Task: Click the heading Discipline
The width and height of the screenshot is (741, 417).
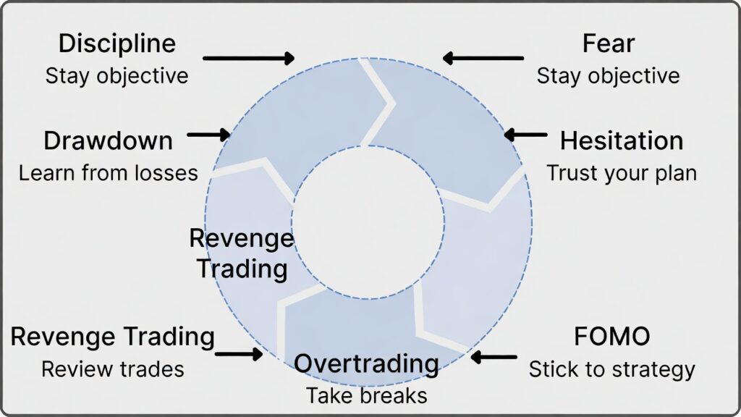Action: click(x=117, y=43)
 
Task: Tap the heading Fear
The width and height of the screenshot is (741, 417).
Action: click(x=608, y=43)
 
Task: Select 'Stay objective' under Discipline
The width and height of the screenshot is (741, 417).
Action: click(x=117, y=75)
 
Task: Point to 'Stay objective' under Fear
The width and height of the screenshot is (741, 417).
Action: click(x=608, y=75)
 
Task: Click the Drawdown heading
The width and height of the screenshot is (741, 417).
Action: click(x=108, y=140)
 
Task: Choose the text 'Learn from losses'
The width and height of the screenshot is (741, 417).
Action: click(x=108, y=173)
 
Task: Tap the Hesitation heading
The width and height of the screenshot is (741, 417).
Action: click(x=621, y=140)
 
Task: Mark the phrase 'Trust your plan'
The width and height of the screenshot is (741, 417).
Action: click(x=621, y=173)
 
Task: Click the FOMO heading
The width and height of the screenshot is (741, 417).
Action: click(x=611, y=337)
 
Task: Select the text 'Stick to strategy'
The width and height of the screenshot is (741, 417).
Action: click(x=611, y=369)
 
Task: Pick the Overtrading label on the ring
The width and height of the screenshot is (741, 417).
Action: click(x=366, y=363)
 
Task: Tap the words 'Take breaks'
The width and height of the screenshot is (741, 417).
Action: click(x=366, y=396)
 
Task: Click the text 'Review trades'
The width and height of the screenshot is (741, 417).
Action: click(x=112, y=369)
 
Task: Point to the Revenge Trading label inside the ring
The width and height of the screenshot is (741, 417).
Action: click(x=242, y=253)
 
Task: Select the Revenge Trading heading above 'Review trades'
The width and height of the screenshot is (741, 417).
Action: click(x=112, y=337)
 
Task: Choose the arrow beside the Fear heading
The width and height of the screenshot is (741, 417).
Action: click(x=483, y=58)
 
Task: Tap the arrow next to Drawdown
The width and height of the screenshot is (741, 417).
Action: click(x=208, y=134)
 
